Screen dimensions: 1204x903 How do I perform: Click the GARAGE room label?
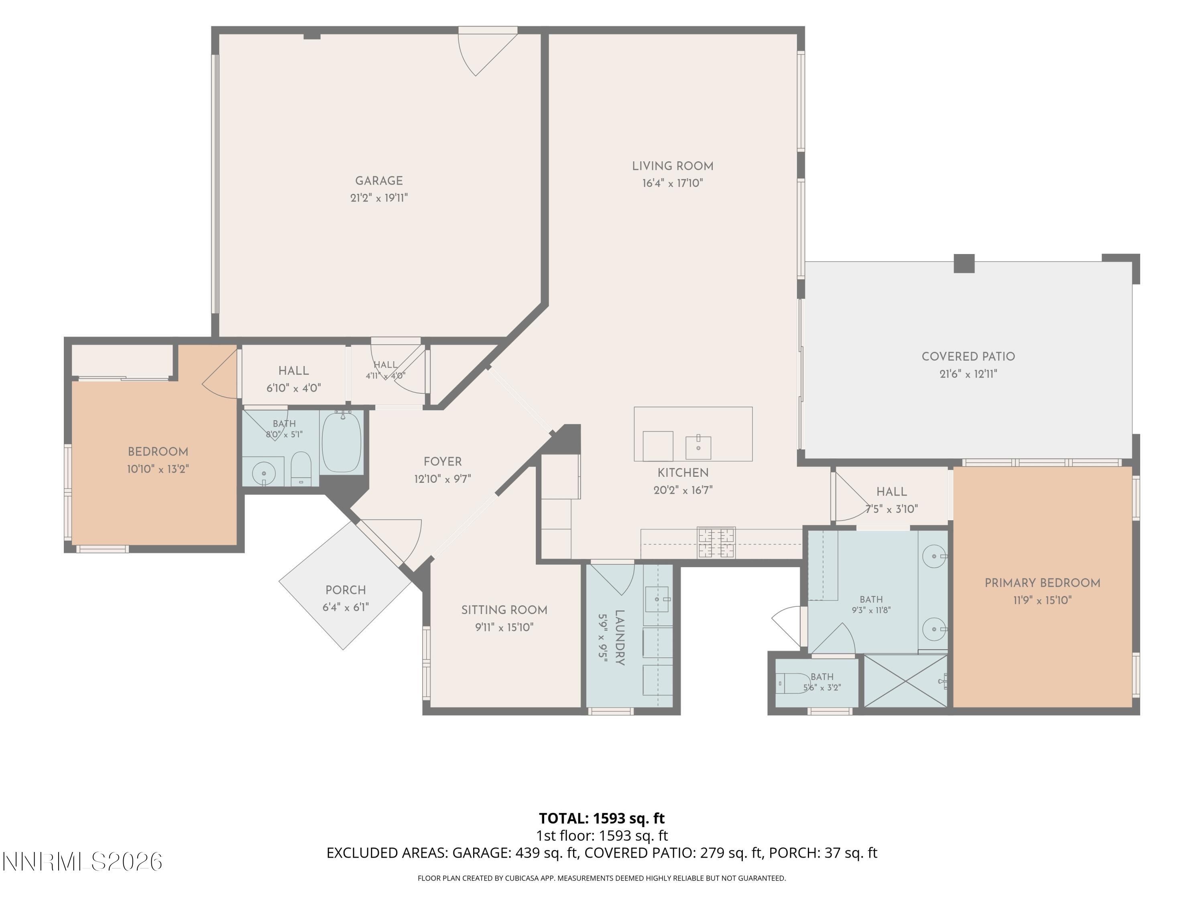379,181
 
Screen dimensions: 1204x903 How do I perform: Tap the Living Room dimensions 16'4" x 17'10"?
672,183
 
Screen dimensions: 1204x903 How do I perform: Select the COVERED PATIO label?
968,356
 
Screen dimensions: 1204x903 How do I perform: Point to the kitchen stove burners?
716,543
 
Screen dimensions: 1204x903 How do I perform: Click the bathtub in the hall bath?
342,442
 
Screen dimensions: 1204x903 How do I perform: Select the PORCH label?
345,590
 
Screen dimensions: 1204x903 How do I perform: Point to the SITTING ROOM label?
504,610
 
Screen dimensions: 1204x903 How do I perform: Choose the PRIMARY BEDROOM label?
1042,583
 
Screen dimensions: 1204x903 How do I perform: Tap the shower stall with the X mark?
906,681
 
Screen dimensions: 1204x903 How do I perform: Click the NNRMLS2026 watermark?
83,862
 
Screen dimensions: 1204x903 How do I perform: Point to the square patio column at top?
964,263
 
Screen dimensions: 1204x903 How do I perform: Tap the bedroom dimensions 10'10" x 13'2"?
158,469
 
